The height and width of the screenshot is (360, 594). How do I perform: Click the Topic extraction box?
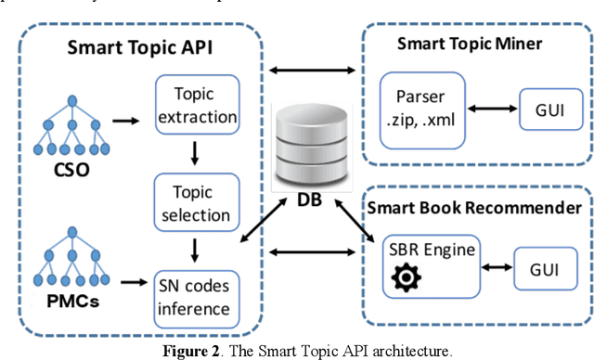click(x=196, y=106)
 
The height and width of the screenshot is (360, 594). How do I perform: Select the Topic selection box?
click(x=196, y=202)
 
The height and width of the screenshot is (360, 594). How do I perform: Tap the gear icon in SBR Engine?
click(x=406, y=279)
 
